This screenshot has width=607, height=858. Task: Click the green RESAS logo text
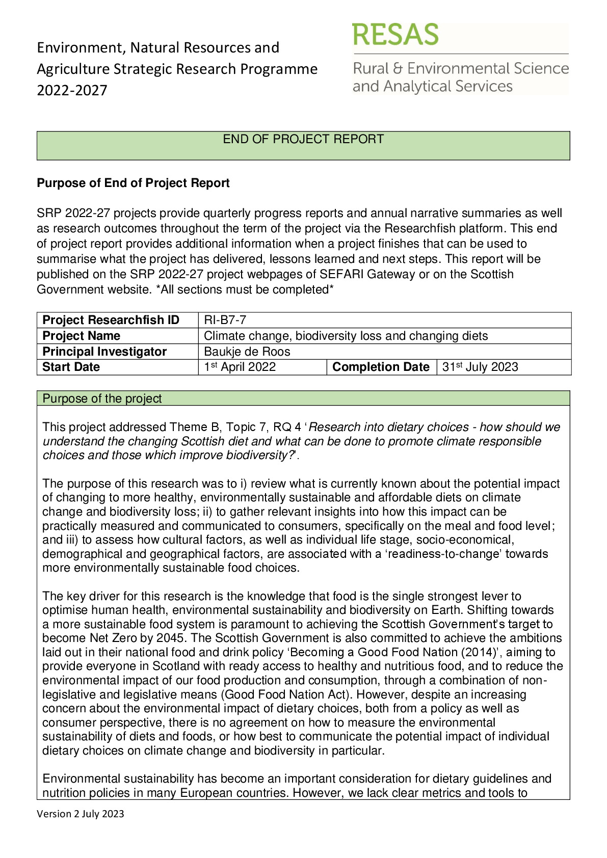click(395, 35)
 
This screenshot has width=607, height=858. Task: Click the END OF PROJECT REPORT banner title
click(303, 139)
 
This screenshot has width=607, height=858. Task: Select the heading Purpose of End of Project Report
click(133, 183)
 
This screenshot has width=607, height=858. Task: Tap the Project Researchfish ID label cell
click(111, 320)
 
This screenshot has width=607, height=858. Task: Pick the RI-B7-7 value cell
click(225, 320)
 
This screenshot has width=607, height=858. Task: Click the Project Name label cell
click(82, 336)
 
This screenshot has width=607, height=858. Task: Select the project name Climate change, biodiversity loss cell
click(346, 336)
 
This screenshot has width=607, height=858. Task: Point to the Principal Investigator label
click(104, 352)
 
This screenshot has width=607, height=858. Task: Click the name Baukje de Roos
click(247, 352)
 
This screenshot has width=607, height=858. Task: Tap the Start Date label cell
click(71, 367)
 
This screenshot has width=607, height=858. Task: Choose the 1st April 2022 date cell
click(240, 367)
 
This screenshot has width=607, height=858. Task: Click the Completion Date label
click(381, 367)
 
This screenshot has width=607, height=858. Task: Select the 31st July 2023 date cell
click(480, 367)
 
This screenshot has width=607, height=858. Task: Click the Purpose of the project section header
click(102, 398)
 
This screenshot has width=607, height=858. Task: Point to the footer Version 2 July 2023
click(81, 814)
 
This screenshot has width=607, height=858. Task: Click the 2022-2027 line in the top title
click(72, 90)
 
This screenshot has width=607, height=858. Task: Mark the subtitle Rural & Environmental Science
click(461, 68)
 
